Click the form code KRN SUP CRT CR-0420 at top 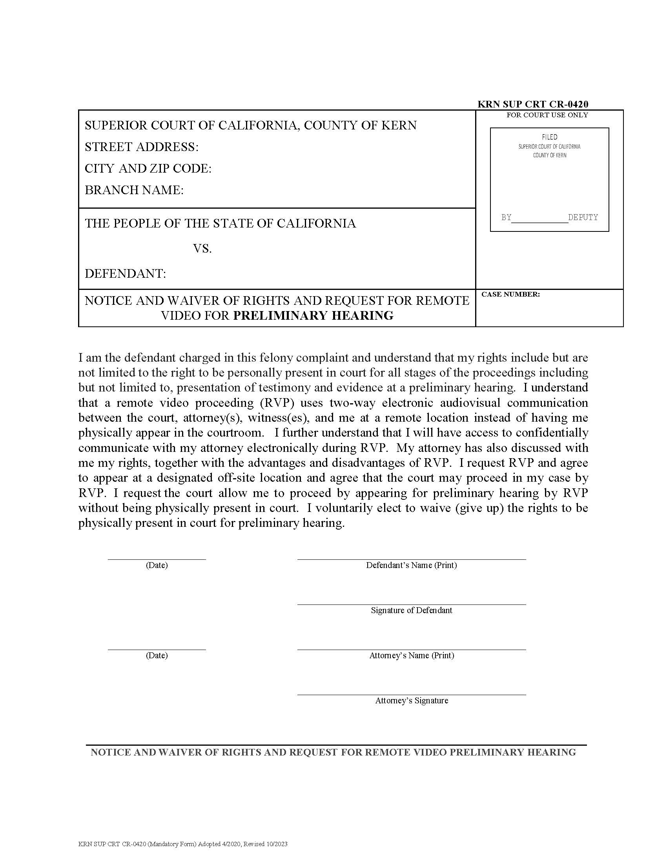[533, 104]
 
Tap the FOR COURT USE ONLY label [547, 115]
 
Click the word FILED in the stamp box [549, 137]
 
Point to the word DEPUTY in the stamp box [583, 217]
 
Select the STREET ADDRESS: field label [142, 147]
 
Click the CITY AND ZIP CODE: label [148, 169]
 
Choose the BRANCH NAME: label [134, 190]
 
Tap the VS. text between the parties [202, 249]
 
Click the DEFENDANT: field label [125, 273]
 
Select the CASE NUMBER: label [510, 294]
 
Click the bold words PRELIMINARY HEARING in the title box [313, 316]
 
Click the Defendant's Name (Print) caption [411, 565]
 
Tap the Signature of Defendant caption [411, 610]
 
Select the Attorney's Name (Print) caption [411, 655]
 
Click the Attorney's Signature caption [411, 701]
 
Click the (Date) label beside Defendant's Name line [157, 565]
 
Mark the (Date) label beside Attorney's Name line [157, 655]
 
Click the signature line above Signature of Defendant [411, 604]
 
